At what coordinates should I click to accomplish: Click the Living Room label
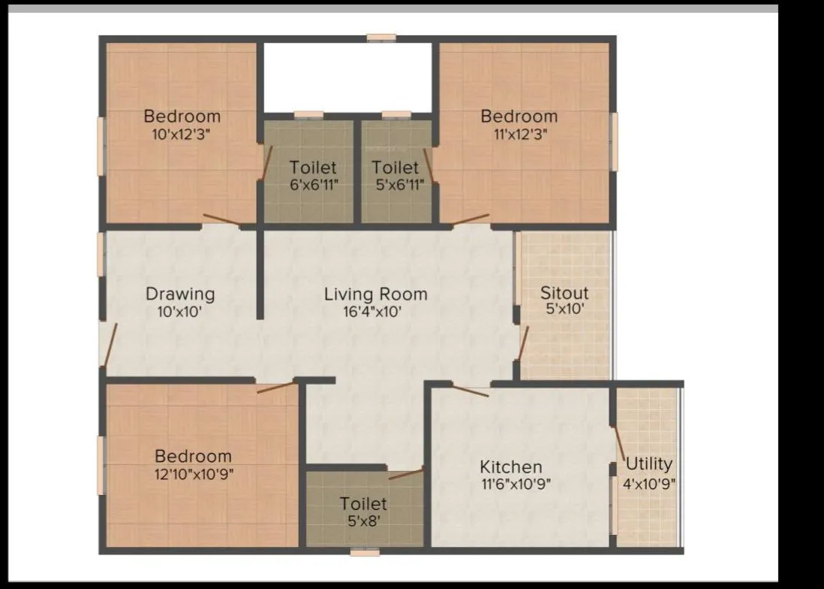pos(375,294)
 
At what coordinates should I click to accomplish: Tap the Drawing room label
pos(180,294)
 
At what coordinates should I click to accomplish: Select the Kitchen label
pos(511,467)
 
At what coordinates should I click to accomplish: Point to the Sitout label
pos(564,293)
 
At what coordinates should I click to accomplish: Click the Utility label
pos(649,464)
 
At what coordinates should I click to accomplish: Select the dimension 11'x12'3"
pos(519,134)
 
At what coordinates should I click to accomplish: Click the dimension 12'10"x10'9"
pos(194,474)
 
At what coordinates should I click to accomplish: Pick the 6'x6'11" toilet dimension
pos(313,185)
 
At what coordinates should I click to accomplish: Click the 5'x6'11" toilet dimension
pos(395,185)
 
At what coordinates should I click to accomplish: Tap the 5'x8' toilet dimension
pos(363,521)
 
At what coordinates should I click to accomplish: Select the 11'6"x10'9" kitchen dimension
pos(516,485)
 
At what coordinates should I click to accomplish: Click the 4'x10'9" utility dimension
pos(649,483)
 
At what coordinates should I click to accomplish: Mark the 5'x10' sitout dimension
pos(564,308)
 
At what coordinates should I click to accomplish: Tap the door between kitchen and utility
pos(620,445)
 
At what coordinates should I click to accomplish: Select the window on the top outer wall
pos(381,37)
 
